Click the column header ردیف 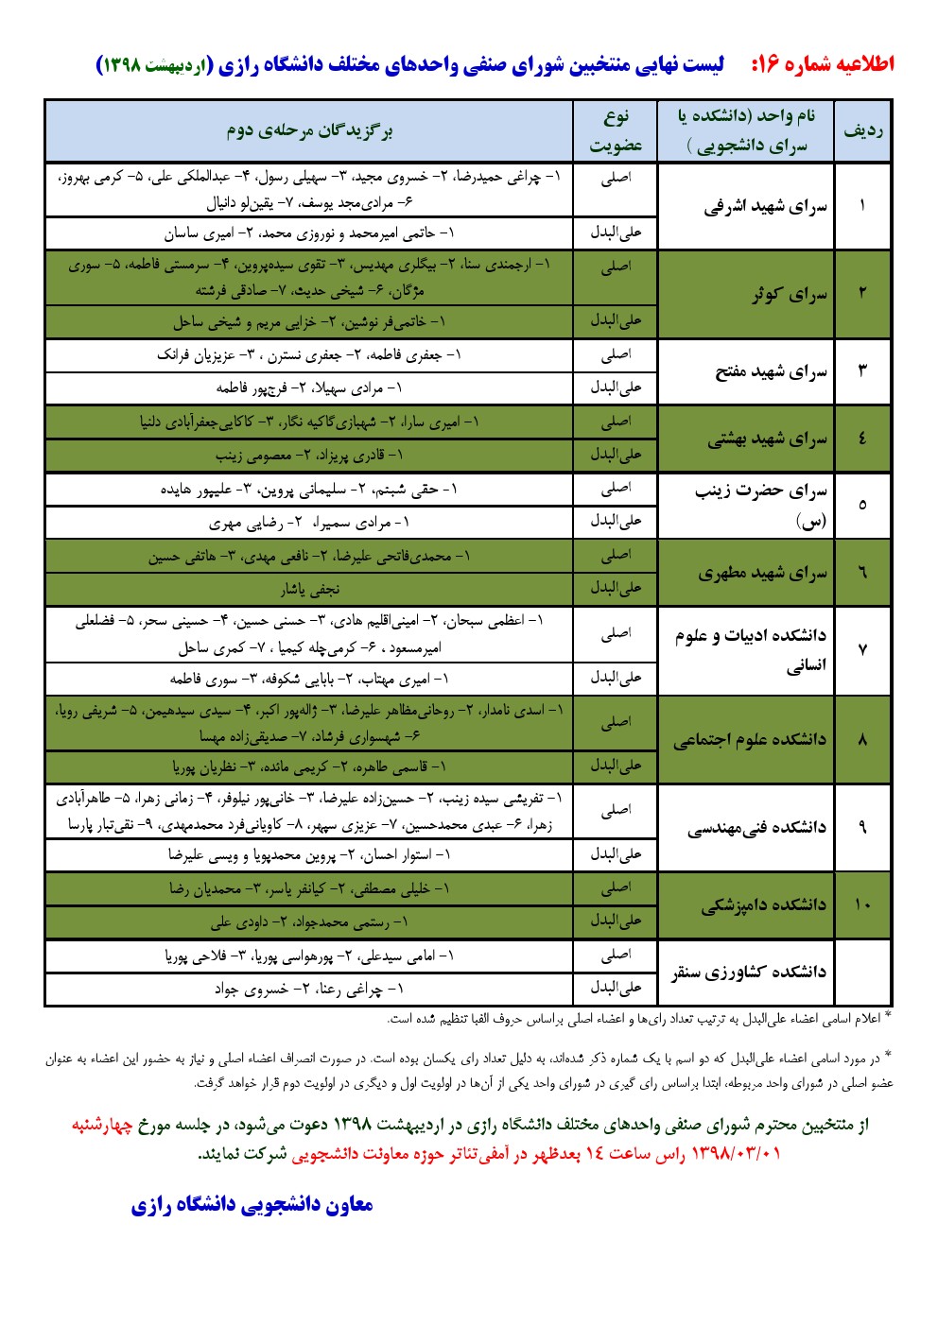(x=862, y=130)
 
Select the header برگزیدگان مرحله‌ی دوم (x=309, y=130)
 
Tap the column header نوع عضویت (x=616, y=130)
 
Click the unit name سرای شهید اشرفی (x=765, y=207)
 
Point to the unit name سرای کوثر (x=789, y=295)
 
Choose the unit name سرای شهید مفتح (x=771, y=371)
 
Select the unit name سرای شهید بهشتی (x=767, y=439)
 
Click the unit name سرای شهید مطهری (x=762, y=573)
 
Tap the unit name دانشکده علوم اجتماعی (x=750, y=739)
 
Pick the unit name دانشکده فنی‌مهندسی (x=756, y=828)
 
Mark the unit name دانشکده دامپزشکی (x=763, y=905)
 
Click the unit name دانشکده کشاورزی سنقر (x=749, y=972)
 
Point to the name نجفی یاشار (x=309, y=589)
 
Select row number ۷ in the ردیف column (x=862, y=650)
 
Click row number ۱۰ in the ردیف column (x=862, y=905)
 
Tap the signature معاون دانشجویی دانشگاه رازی (x=252, y=1205)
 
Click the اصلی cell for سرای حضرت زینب (x=616, y=489)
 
